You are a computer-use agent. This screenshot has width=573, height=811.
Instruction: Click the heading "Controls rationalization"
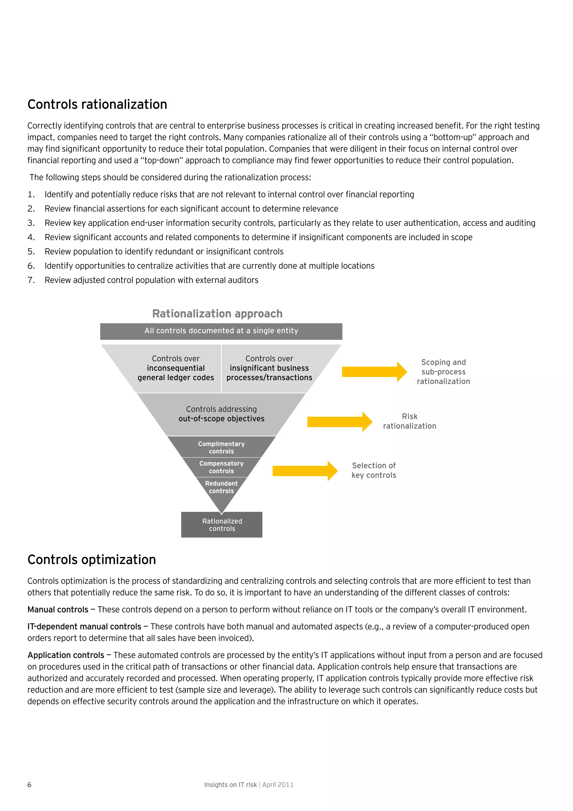click(97, 104)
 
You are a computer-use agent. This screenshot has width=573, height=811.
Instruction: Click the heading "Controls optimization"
click(91, 560)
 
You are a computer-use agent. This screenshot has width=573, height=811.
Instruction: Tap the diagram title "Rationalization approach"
click(217, 314)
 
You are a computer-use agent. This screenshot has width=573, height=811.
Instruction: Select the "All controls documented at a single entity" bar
click(221, 331)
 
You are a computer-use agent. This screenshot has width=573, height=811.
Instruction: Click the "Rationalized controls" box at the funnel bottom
click(222, 525)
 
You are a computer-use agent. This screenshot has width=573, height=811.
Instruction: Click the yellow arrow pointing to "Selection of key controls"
click(305, 471)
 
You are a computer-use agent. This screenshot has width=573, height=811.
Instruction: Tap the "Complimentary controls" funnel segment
click(221, 448)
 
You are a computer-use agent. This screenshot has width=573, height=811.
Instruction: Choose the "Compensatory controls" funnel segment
click(221, 467)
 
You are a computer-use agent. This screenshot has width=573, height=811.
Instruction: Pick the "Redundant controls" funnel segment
click(221, 487)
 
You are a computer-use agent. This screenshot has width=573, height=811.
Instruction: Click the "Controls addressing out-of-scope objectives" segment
click(221, 414)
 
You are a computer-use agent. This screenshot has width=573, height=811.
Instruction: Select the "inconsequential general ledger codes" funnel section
click(175, 368)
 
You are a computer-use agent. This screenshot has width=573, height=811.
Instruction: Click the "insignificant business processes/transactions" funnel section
click(269, 368)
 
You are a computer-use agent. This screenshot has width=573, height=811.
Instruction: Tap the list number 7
click(31, 280)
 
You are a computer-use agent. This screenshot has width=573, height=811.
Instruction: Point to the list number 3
click(31, 223)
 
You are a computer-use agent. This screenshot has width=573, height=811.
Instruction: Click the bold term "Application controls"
click(66, 655)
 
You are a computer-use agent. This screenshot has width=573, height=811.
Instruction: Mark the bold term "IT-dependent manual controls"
click(84, 627)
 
